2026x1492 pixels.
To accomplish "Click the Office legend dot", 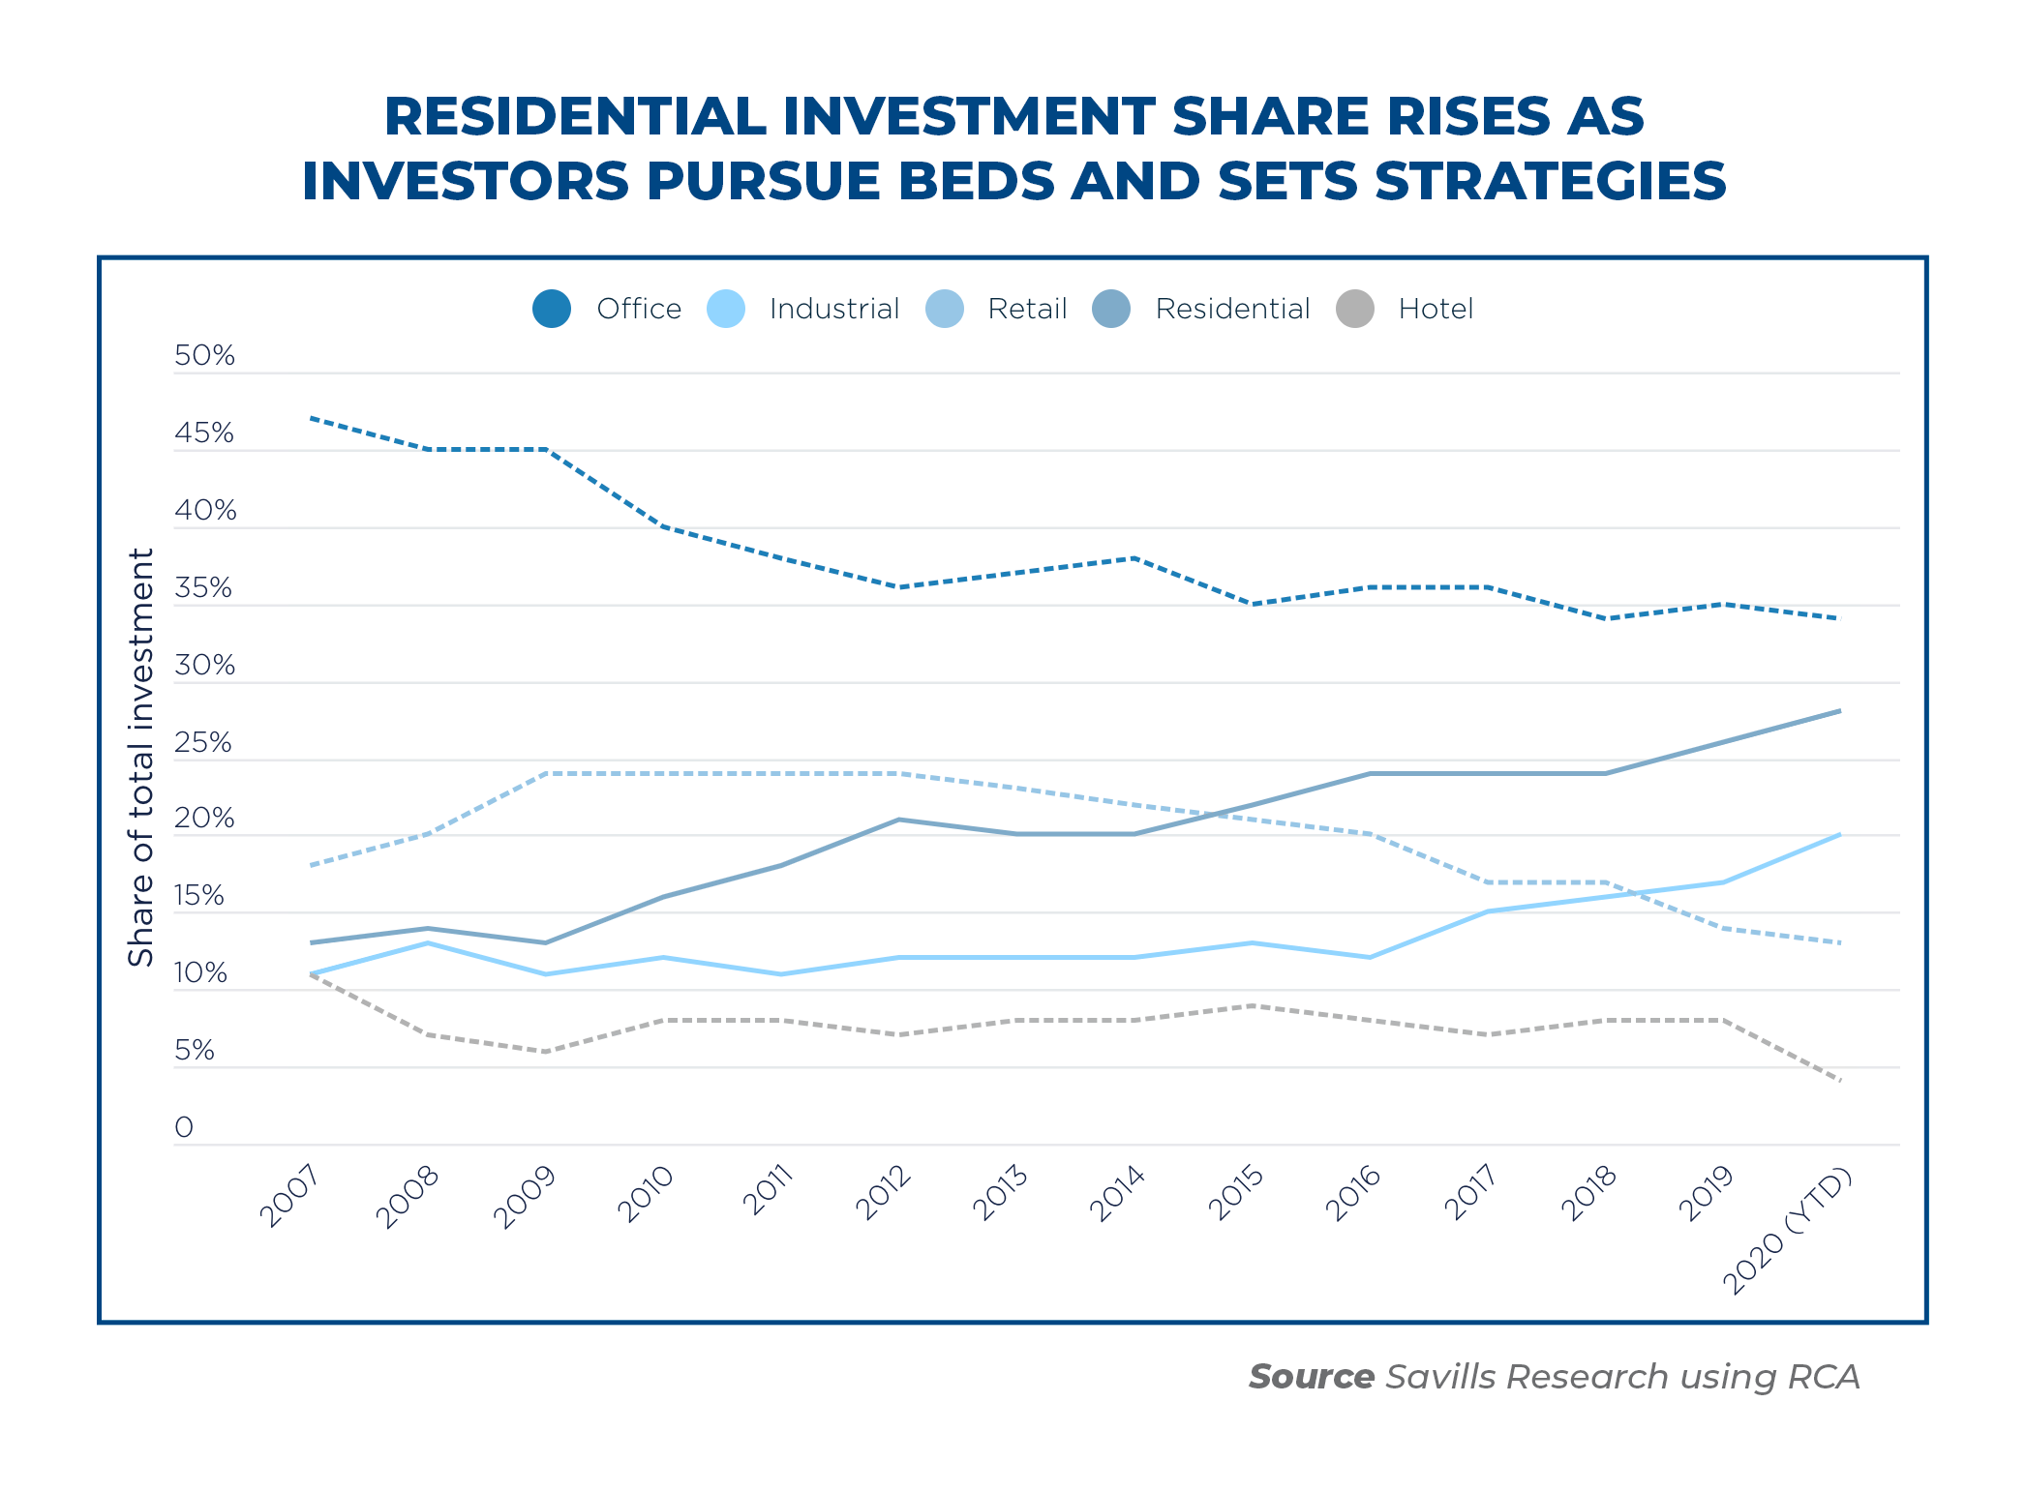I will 552,309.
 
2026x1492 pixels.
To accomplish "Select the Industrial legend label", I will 833,309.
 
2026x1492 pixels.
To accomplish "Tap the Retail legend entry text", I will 1027,309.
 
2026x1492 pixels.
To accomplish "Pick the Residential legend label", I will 1232,309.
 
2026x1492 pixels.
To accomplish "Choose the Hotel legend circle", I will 1355,309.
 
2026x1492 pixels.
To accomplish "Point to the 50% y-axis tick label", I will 204,355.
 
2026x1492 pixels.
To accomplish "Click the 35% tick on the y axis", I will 203,587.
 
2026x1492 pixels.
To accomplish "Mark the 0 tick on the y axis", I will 184,1127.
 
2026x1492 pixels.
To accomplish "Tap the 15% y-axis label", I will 199,896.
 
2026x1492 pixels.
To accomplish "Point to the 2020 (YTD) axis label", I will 1787,1231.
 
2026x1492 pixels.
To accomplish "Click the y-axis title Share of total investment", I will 141,757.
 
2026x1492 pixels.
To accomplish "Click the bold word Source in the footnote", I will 1311,1376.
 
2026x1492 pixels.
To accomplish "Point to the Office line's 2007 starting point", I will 311,418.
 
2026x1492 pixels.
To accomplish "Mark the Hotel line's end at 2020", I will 1839,1080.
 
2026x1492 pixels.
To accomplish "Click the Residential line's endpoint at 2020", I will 1839,711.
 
